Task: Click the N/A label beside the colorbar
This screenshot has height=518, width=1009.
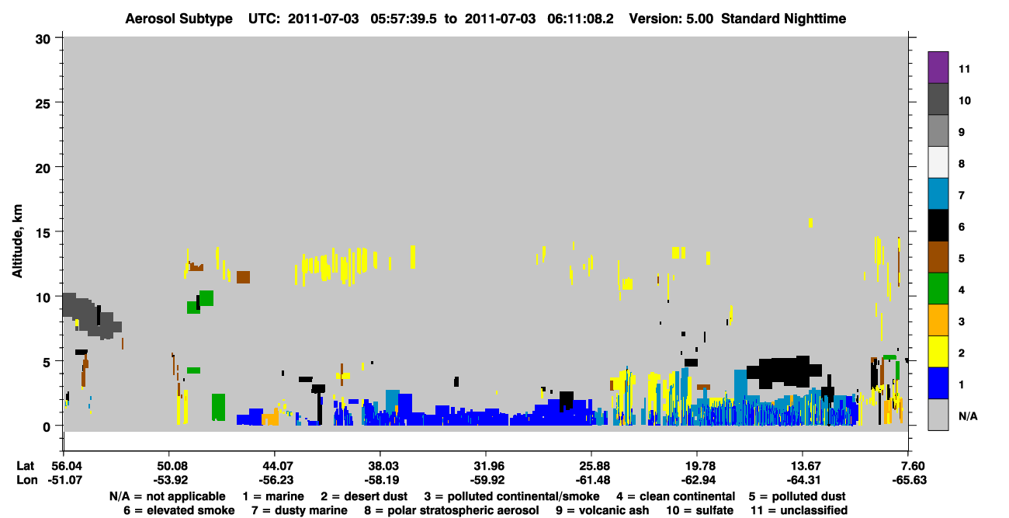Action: click(968, 416)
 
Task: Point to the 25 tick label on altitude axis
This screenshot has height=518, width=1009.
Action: click(43, 104)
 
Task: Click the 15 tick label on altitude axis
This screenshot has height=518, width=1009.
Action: click(43, 233)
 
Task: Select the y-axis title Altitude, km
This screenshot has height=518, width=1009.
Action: click(17, 241)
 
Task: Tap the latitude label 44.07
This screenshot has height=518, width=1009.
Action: click(275, 466)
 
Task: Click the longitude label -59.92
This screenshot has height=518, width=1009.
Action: click(487, 480)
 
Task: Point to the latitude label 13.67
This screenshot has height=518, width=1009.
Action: click(803, 466)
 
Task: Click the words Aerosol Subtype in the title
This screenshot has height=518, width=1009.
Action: click(179, 19)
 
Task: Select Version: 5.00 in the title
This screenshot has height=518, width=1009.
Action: click(671, 19)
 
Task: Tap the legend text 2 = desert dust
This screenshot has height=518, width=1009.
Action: click(364, 496)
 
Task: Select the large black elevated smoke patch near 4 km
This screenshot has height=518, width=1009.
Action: click(784, 371)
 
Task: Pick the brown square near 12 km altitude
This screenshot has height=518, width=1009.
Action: click(243, 276)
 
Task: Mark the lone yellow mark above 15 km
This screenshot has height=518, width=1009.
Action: click(810, 223)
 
